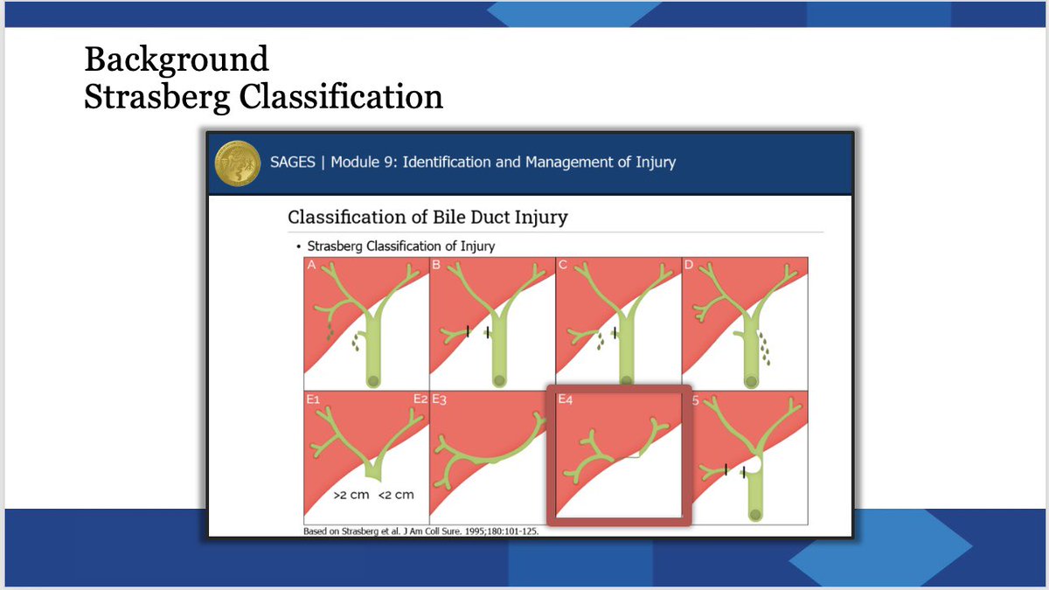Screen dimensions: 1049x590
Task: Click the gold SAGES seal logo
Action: coord(238,163)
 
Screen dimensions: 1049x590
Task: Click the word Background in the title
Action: coord(177,60)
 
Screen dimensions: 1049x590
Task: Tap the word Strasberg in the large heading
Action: coord(156,97)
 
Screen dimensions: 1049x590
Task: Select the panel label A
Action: coord(311,265)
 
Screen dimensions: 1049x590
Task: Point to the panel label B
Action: coord(436,265)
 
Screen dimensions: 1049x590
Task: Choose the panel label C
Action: coord(563,265)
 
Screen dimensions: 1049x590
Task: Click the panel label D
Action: coord(689,265)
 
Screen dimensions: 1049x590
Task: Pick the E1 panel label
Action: coord(313,399)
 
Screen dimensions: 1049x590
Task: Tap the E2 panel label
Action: coord(420,399)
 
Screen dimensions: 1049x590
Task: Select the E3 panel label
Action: coord(439,399)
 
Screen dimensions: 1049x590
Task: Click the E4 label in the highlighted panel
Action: coord(566,399)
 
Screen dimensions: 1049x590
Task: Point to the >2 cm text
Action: coord(351,495)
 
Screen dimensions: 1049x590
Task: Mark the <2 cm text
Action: coord(396,495)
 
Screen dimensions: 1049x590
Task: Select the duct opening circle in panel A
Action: coord(373,381)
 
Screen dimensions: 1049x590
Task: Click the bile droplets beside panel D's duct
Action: coord(765,349)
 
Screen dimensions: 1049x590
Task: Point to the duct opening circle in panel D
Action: coord(751,381)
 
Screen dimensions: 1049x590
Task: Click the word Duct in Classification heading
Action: coord(490,218)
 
